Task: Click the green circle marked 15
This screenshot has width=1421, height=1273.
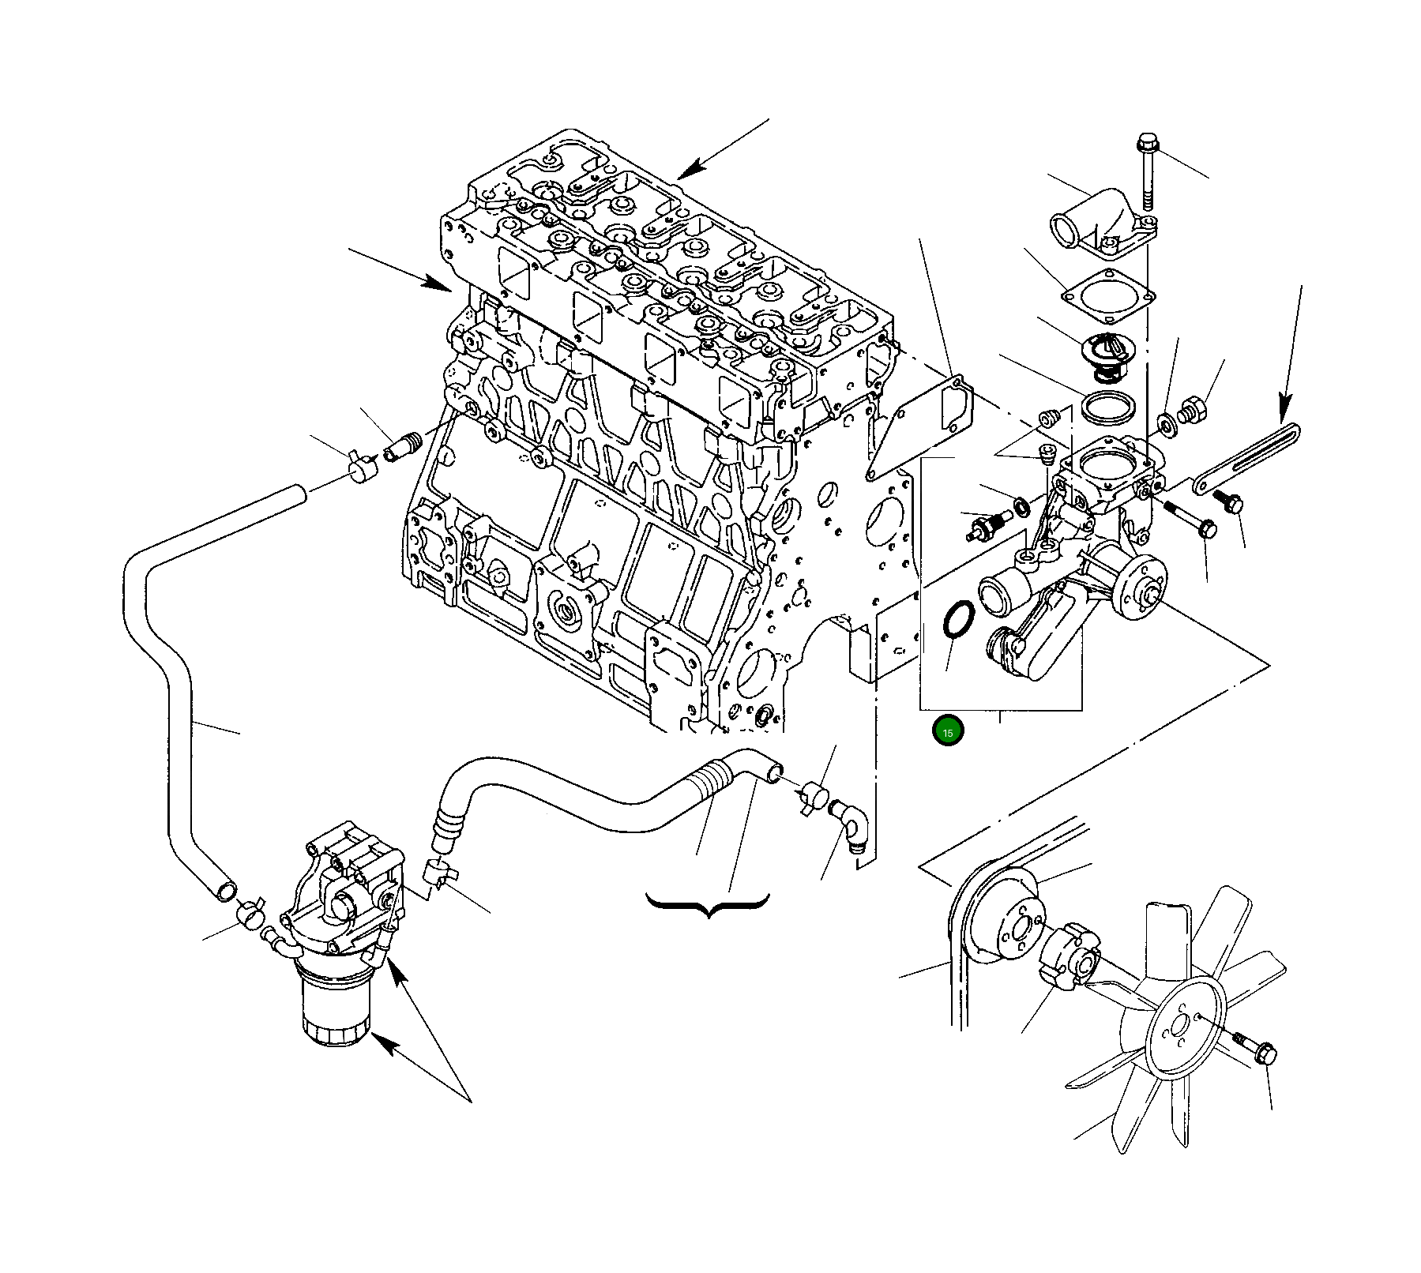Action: [948, 731]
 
